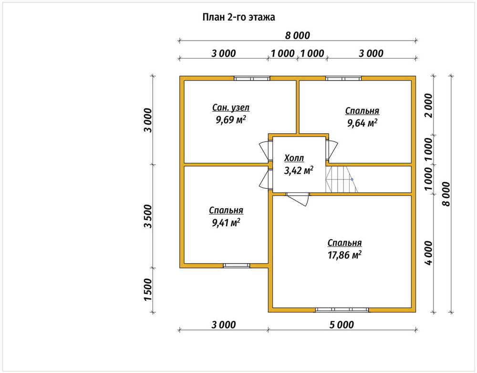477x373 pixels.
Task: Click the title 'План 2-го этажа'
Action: tap(239, 17)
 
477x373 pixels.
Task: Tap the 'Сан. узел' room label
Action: tap(230, 108)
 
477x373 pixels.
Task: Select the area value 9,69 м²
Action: tap(230, 120)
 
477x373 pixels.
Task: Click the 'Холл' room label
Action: tap(294, 158)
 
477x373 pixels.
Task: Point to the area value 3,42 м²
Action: tap(299, 170)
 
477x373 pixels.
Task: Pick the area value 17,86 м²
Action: tap(344, 255)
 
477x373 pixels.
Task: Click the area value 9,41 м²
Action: tap(226, 222)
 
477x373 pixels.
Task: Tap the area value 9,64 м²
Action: tap(363, 123)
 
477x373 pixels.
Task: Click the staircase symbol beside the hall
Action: tap(342, 179)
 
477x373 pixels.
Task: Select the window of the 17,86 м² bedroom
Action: tap(342, 309)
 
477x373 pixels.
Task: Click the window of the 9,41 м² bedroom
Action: tap(237, 266)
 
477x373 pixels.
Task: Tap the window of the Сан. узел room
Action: tap(252, 78)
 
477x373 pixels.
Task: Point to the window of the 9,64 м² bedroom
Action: tap(343, 78)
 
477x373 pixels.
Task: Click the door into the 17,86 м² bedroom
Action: tap(298, 199)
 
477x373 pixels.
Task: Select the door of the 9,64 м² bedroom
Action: tap(332, 150)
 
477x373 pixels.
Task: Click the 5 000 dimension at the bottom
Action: tap(342, 325)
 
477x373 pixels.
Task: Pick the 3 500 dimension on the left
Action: tap(148, 216)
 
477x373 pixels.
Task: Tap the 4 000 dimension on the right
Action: tap(428, 253)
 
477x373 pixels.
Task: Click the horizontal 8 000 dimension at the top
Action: tap(297, 36)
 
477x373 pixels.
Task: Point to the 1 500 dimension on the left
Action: tap(148, 289)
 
